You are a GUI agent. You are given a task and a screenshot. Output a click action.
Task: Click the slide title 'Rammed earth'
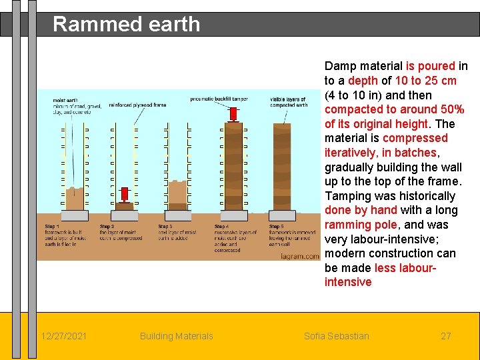click(126, 24)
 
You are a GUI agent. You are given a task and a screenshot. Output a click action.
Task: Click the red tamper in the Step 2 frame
click(124, 195)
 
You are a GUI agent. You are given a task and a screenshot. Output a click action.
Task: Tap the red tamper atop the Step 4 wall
click(233, 113)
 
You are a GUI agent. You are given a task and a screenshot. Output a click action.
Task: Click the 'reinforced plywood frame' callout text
click(137, 105)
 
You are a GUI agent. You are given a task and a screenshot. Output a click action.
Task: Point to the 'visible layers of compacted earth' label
click(289, 102)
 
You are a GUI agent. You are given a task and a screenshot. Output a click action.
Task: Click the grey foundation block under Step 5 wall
click(287, 215)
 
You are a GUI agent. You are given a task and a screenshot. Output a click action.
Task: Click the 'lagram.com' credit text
click(299, 254)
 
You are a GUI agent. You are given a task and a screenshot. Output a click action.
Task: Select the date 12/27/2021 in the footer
click(64, 336)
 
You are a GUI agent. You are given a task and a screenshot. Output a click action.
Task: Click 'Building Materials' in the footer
click(176, 336)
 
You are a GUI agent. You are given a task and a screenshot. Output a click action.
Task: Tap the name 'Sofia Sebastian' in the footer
click(336, 336)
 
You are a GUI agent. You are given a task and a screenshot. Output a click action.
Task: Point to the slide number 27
click(446, 336)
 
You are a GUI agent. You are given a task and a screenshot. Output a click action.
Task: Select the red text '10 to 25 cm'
click(426, 80)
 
